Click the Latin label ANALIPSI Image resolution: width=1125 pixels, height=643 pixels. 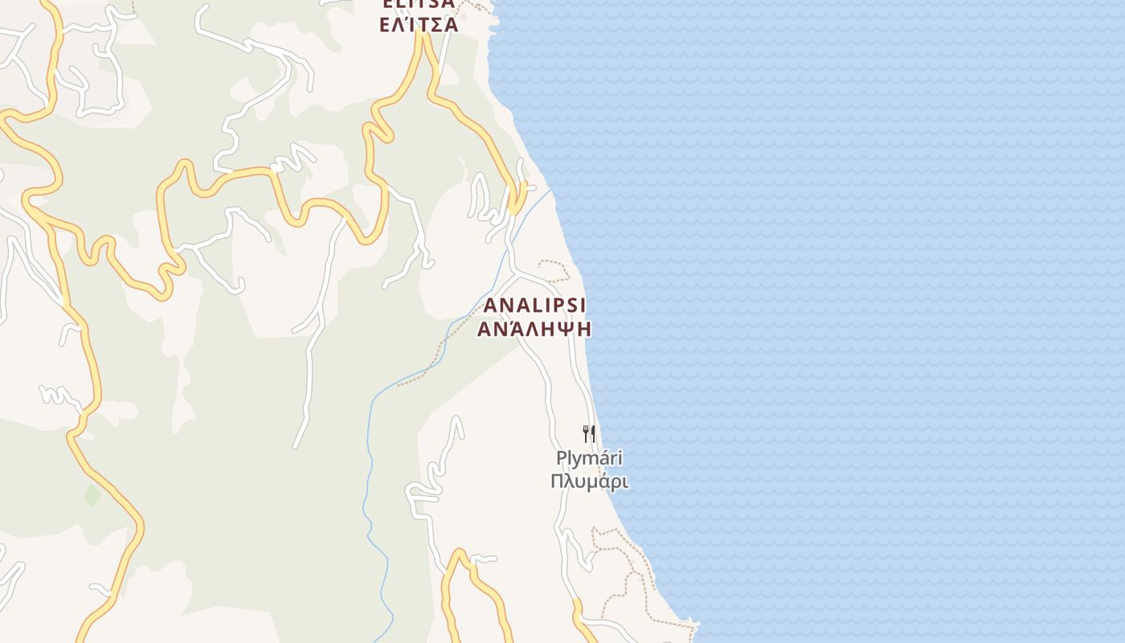tap(535, 305)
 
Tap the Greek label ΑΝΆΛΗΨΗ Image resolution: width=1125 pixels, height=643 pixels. tap(535, 329)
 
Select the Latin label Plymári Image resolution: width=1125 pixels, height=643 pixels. tap(589, 459)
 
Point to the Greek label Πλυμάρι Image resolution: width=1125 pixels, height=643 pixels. tap(589, 481)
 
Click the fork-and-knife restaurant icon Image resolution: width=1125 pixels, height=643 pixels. tap(589, 434)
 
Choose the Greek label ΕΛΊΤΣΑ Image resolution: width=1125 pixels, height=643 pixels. tap(419, 24)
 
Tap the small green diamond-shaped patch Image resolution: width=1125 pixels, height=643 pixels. tap(92, 494)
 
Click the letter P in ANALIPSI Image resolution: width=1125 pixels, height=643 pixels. tap(559, 305)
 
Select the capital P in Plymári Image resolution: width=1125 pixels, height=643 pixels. tap(561, 459)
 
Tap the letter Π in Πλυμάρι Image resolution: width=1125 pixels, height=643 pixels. tap(557, 481)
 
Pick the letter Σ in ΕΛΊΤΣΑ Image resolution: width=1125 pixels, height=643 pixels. tap(435, 24)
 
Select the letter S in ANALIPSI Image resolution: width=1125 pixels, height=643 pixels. tap(572, 305)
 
